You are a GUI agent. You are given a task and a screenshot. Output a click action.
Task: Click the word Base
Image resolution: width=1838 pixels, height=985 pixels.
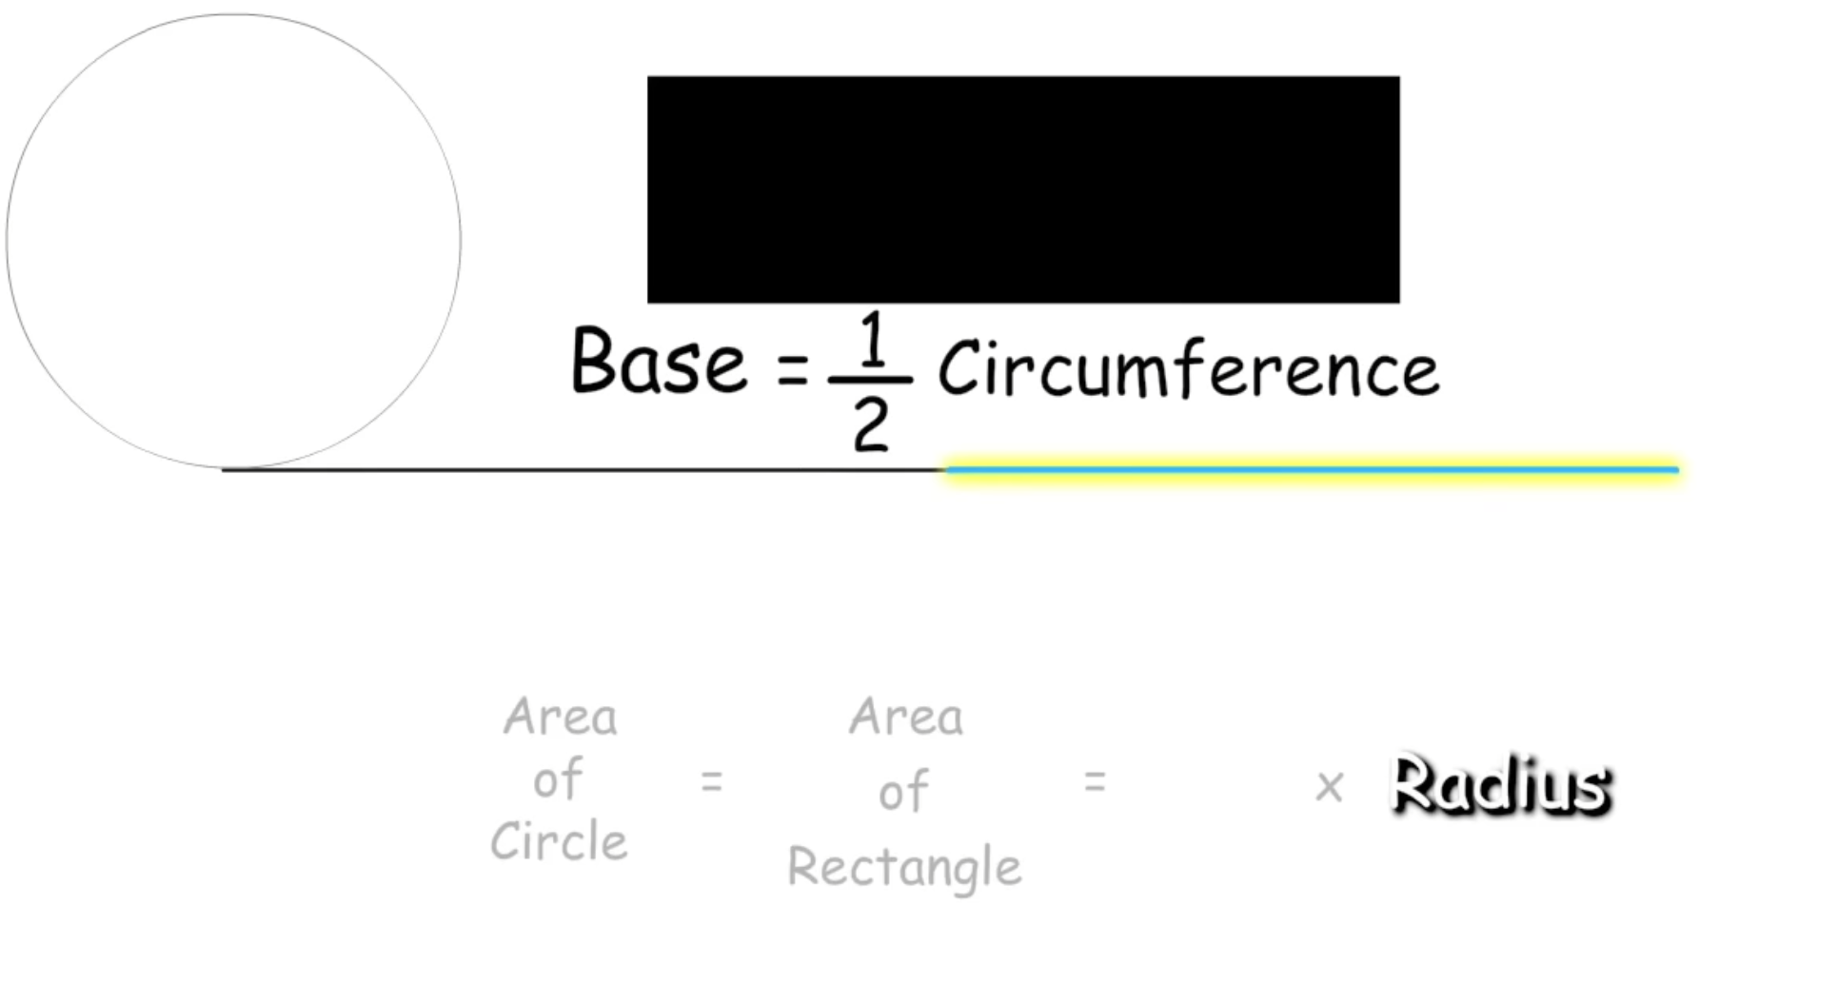[x=659, y=362]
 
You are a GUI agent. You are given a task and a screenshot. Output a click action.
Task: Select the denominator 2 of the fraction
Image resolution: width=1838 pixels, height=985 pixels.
[x=871, y=424]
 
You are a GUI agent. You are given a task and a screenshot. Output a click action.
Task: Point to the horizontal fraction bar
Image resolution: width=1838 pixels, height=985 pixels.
[x=870, y=380]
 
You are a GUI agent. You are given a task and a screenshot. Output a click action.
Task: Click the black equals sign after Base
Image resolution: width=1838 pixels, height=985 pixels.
[x=793, y=369]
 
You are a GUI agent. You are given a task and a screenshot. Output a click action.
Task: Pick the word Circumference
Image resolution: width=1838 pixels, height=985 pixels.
[x=1188, y=369]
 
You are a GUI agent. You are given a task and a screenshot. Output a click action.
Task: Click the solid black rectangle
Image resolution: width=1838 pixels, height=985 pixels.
[x=1023, y=189]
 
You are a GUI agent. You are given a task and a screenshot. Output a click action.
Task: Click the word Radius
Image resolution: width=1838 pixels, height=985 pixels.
[x=1500, y=786]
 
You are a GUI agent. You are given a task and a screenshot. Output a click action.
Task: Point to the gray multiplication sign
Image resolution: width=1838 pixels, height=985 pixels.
[x=1329, y=787]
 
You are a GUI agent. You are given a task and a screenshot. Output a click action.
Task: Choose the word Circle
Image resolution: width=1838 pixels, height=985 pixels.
[x=559, y=841]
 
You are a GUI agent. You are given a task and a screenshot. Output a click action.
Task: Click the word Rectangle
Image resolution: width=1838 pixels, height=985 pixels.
[x=904, y=867]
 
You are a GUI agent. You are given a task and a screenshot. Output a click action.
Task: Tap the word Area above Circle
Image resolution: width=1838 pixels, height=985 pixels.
[x=561, y=717]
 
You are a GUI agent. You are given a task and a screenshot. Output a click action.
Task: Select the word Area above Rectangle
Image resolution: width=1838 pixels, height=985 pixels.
[x=906, y=717]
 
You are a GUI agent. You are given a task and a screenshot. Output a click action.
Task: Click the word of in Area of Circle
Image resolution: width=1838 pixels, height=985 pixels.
[x=558, y=779]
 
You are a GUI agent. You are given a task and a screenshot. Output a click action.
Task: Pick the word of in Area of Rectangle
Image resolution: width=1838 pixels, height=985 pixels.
[x=903, y=792]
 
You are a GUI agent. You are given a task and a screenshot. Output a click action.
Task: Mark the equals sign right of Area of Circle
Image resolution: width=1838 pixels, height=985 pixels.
[x=712, y=782]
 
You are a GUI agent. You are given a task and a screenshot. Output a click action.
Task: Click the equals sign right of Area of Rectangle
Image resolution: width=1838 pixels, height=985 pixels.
[x=1095, y=782]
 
